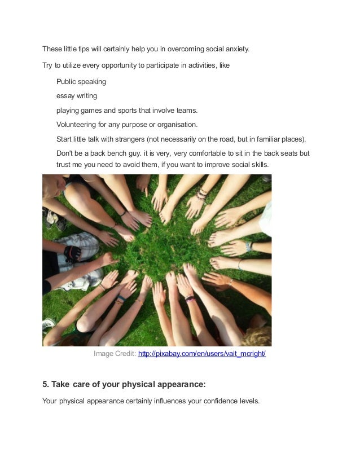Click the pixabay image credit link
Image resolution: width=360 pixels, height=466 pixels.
[x=202, y=354]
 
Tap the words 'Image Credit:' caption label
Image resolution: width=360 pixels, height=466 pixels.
[x=115, y=354]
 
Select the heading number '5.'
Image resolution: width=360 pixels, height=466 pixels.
[x=46, y=384]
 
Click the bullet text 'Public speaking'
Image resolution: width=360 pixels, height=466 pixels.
[x=81, y=82]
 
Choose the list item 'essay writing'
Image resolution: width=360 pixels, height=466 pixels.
[x=77, y=96]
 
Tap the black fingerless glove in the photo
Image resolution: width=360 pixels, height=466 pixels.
[x=72, y=253]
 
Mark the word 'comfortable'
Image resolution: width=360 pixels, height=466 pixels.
[x=208, y=153]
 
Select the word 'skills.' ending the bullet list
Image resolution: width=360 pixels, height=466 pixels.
[x=260, y=165]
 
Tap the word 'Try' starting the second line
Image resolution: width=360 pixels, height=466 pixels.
[x=47, y=65]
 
